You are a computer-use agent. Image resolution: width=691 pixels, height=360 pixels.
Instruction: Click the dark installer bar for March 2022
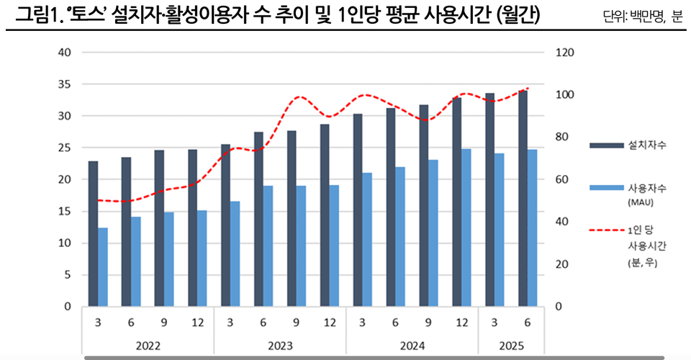pos(94,234)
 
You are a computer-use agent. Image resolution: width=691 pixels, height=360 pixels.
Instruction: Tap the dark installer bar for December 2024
pos(456,202)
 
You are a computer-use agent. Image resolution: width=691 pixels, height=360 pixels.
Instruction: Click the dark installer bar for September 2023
pos(292,218)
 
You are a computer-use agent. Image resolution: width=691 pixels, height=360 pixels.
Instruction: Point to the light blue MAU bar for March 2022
pos(103,267)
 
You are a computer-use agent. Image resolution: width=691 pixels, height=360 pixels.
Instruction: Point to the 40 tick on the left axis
pos(65,53)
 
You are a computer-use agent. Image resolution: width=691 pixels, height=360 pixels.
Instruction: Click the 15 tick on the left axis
pos(65,212)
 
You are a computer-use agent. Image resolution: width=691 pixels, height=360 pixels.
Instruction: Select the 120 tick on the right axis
pos(564,53)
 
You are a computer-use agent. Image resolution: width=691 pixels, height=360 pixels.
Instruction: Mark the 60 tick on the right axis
pos(561,180)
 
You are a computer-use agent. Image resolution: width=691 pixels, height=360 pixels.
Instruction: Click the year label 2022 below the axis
pos(148,346)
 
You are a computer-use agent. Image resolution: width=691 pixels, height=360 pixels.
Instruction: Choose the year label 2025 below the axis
pos(509,346)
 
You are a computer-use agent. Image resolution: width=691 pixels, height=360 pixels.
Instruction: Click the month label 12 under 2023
pos(329,323)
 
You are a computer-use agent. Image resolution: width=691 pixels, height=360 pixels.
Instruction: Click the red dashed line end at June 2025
pos(528,88)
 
